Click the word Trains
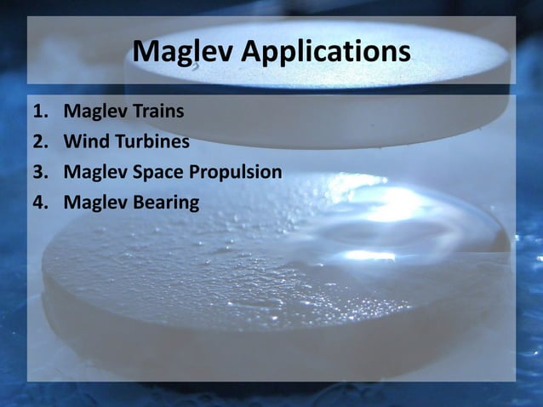pyautogui.click(x=157, y=111)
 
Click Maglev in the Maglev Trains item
pyautogui.click(x=94, y=111)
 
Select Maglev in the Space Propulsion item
pyautogui.click(x=94, y=172)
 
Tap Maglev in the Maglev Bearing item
pyautogui.click(x=94, y=203)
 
